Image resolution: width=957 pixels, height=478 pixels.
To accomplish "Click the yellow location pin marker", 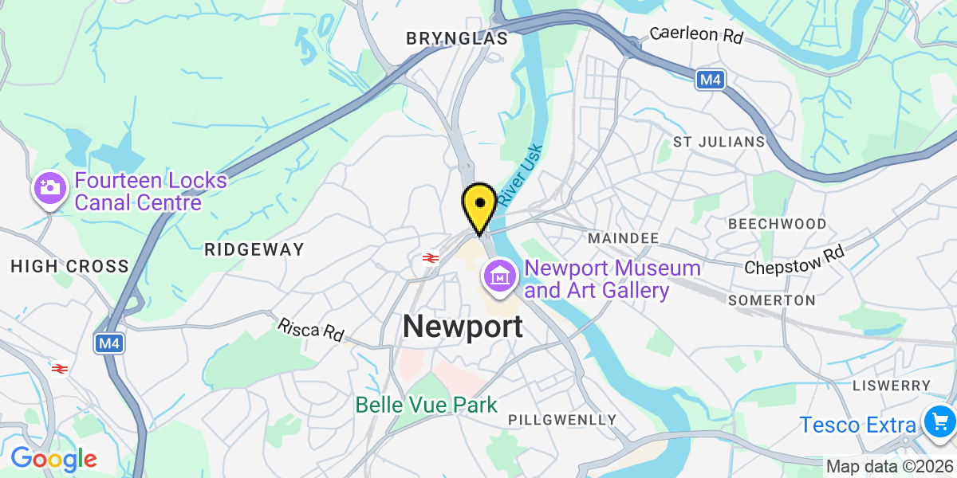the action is [x=479, y=206].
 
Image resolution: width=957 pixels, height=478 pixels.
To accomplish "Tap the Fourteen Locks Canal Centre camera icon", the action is [x=49, y=189].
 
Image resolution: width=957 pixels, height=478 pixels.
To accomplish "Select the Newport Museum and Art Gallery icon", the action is [x=500, y=276].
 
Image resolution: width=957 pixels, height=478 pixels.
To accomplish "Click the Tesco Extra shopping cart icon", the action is [x=935, y=421].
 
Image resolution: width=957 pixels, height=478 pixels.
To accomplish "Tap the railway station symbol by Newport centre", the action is [x=430, y=257].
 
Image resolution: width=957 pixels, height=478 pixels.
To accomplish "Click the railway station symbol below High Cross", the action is [x=59, y=368].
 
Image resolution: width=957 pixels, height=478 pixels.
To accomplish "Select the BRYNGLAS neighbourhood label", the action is [x=457, y=38].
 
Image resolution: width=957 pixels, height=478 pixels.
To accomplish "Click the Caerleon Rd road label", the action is [x=696, y=35].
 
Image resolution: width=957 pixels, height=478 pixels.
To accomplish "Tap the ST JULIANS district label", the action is [x=719, y=142].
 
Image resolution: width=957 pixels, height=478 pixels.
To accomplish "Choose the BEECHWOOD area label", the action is [x=777, y=224].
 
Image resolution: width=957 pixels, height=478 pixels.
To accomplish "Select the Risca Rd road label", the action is [x=310, y=330].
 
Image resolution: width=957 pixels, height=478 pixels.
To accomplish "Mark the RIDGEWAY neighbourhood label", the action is [x=254, y=249].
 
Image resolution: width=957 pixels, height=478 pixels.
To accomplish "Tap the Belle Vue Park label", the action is [x=427, y=405].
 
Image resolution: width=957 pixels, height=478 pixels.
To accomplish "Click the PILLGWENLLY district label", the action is [x=562, y=420].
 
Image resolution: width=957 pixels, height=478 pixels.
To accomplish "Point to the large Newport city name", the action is [x=463, y=326].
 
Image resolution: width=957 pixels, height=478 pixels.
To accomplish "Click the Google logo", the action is [x=53, y=459].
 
